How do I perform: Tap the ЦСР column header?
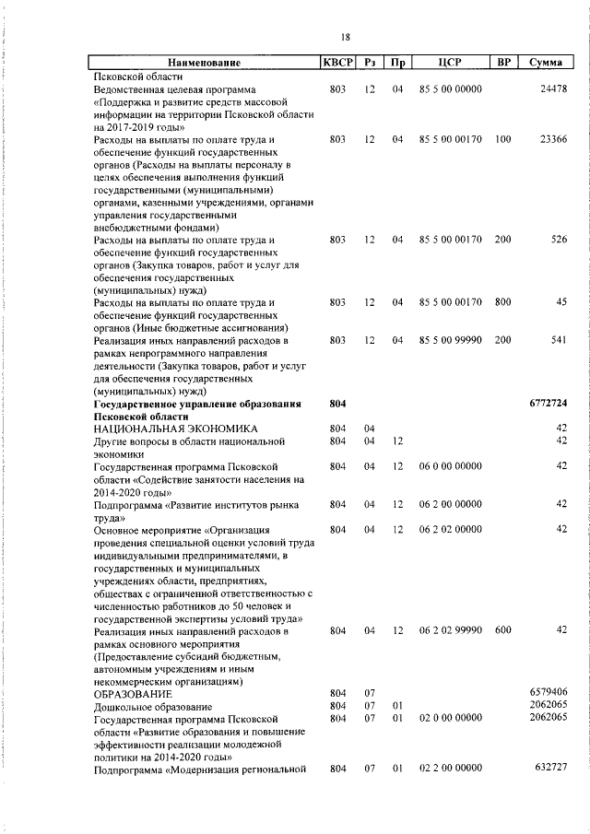[x=451, y=63]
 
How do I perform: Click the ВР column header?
[x=503, y=63]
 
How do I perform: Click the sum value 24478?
[x=553, y=89]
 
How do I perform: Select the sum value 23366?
[x=553, y=140]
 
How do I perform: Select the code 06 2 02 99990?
[x=451, y=630]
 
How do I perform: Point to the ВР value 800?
[x=502, y=302]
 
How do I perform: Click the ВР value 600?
[x=502, y=630]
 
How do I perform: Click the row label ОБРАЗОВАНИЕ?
[x=133, y=692]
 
